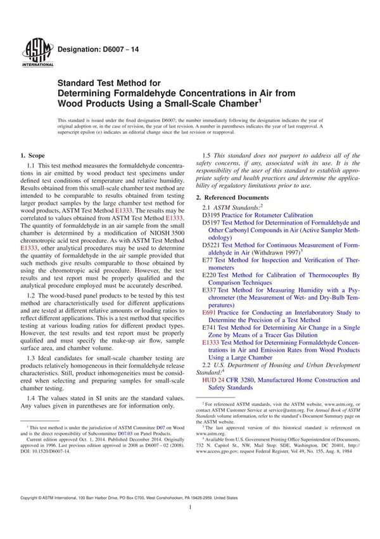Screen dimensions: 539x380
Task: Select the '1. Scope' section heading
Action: [x=32, y=155]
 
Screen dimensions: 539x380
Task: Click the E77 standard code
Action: [x=207, y=260]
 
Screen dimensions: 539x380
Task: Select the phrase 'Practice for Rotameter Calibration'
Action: [x=261, y=215]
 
